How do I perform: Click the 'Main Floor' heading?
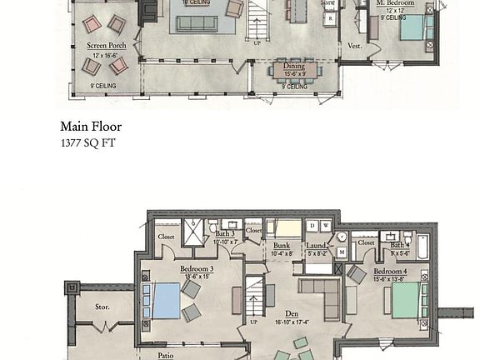(x=91, y=127)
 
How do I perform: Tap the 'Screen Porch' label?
(x=107, y=46)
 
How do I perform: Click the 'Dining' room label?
(x=294, y=66)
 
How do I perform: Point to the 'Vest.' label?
(x=354, y=46)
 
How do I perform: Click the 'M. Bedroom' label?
(x=395, y=3)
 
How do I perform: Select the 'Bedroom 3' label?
(x=197, y=269)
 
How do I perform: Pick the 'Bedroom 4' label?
(x=390, y=272)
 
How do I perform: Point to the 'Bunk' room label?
(x=282, y=246)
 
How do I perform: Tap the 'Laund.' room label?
(x=317, y=246)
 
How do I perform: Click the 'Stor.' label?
(x=102, y=307)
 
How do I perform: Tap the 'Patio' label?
(x=166, y=355)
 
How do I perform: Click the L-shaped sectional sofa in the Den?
(x=322, y=295)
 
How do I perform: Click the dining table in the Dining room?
(x=295, y=72)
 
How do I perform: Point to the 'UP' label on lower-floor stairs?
(x=254, y=321)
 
